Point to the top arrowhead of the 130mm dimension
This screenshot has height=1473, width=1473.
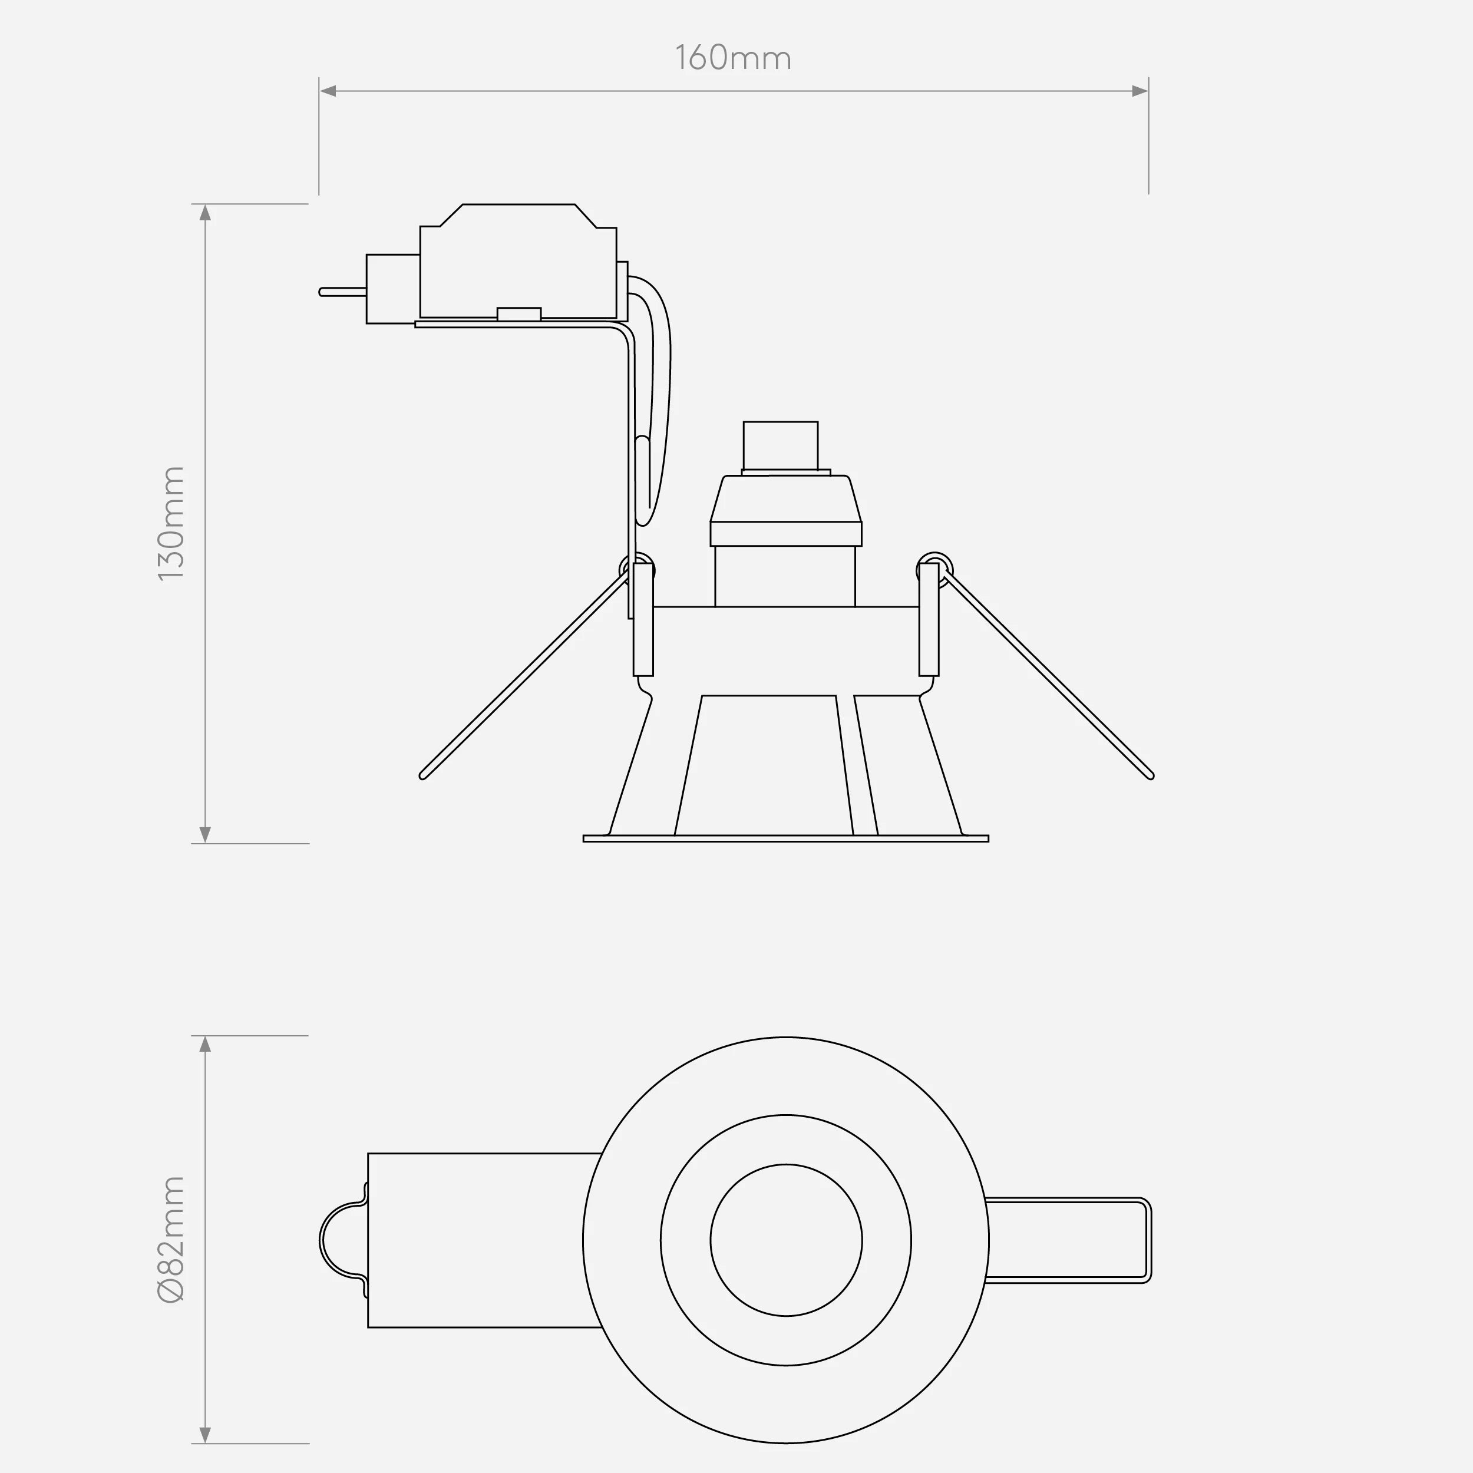[205, 213]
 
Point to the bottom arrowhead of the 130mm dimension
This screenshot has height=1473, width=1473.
[205, 834]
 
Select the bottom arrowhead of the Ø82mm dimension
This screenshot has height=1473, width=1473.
[205, 1434]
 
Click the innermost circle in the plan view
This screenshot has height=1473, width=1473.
[786, 1240]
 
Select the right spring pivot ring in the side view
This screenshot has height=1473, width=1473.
[934, 569]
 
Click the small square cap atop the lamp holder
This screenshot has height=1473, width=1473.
[780, 445]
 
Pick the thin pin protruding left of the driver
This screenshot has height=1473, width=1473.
[342, 292]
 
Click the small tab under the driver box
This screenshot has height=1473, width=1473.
[518, 313]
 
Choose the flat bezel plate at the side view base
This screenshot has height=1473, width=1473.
[785, 838]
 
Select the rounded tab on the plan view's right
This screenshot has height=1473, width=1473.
[1068, 1240]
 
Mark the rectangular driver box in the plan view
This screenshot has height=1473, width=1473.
[480, 1240]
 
